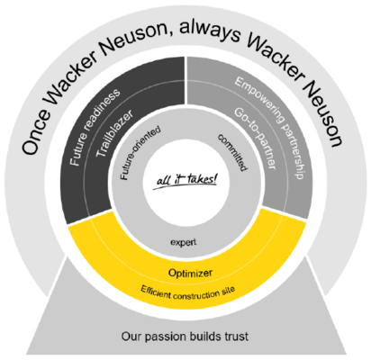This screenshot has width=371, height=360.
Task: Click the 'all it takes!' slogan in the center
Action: pyautogui.click(x=186, y=180)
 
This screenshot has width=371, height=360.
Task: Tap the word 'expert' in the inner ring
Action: pyautogui.click(x=184, y=242)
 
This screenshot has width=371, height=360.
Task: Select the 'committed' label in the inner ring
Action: pyautogui.click(x=233, y=152)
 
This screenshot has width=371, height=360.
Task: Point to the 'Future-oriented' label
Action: pyautogui.click(x=140, y=153)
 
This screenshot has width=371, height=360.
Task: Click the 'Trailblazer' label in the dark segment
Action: pyautogui.click(x=114, y=133)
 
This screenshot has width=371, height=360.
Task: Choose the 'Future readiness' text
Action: pyautogui.click(x=95, y=127)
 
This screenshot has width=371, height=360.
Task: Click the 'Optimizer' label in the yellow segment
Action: pyautogui.click(x=190, y=273)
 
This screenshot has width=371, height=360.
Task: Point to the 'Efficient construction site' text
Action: pyautogui.click(x=188, y=292)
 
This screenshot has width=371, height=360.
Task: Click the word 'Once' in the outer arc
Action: pyautogui.click(x=35, y=131)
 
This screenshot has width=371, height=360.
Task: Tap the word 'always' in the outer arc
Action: pyautogui.click(x=210, y=31)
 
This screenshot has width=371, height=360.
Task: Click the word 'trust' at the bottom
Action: pyautogui.click(x=237, y=336)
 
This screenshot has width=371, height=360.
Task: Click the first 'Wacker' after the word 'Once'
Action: pyautogui.click(x=71, y=78)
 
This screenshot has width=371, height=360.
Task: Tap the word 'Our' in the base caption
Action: pyautogui.click(x=131, y=336)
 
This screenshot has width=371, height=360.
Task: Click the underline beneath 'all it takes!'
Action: pyautogui.click(x=184, y=186)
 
